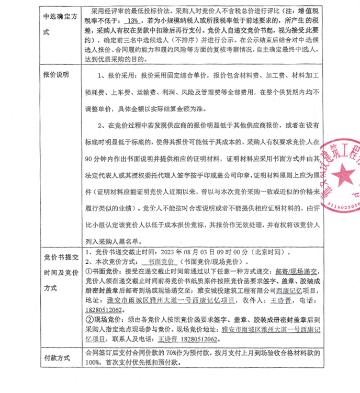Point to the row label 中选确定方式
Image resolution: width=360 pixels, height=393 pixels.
click(x=56, y=24)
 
